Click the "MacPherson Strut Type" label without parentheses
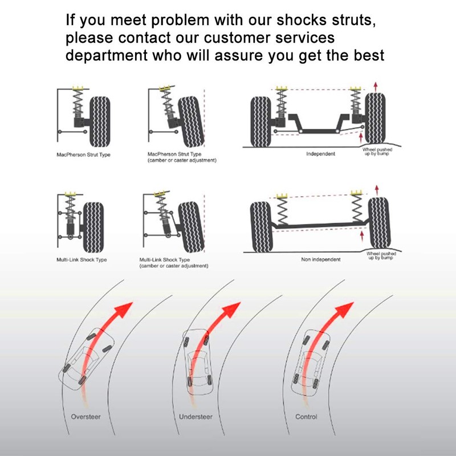point(83,155)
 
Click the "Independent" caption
point(320,154)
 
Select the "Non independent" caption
point(320,259)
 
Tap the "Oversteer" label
point(85,417)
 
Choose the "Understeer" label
point(196,417)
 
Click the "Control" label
point(306,417)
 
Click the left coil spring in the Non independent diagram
point(282,211)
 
